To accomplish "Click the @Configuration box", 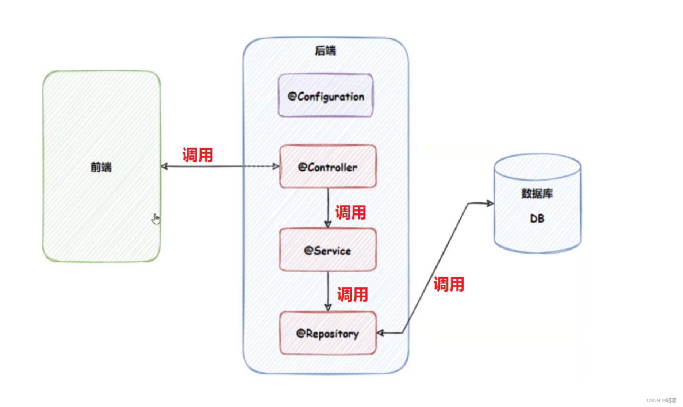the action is [x=326, y=95].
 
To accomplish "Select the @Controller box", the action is [x=328, y=166].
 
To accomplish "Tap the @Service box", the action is [x=328, y=250].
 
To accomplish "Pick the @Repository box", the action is [x=328, y=333].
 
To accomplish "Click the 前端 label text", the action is [x=101, y=167].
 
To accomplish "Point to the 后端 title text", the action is [x=325, y=51].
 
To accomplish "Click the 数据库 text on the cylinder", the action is [x=537, y=193].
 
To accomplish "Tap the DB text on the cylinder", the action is [x=537, y=218].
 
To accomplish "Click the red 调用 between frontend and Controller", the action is [x=198, y=155].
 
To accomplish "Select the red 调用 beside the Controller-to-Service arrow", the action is [x=351, y=212].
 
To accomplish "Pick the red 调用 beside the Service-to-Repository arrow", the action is [x=353, y=294].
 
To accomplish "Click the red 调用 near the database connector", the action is [x=449, y=284].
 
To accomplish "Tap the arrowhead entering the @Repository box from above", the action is [x=328, y=307].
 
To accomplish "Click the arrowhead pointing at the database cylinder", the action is [x=490, y=203].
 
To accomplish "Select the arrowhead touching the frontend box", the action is [x=164, y=166].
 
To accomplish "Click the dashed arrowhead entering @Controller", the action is [x=276, y=166].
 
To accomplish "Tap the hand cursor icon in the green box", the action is [x=156, y=219].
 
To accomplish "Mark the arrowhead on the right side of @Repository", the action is [x=380, y=333].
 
